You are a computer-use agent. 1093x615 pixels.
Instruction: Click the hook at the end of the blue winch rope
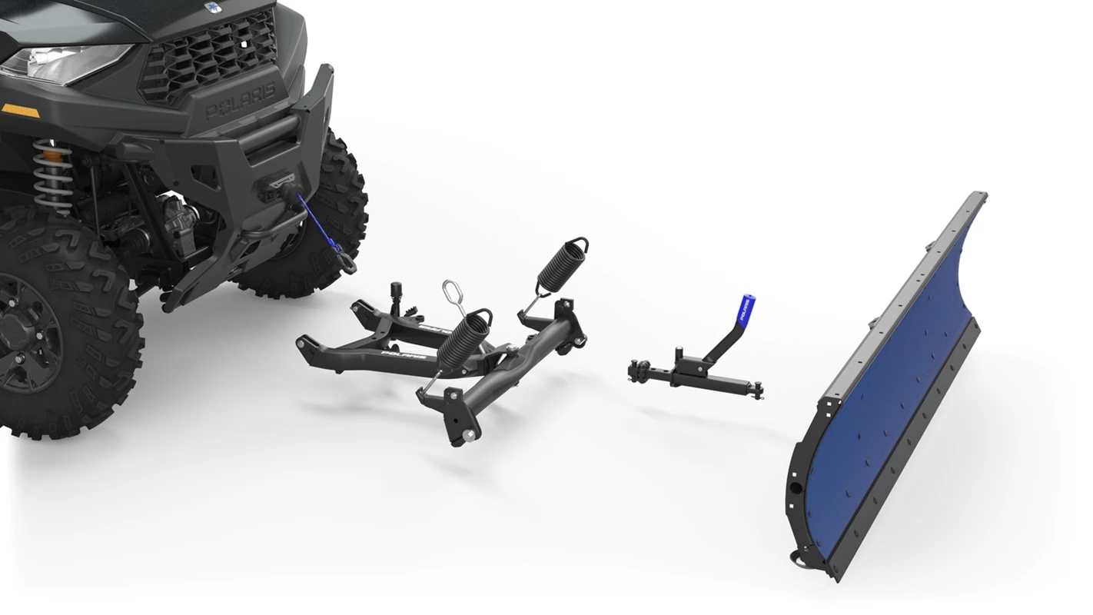click(347, 265)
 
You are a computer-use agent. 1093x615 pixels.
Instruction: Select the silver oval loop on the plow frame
click(450, 293)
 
